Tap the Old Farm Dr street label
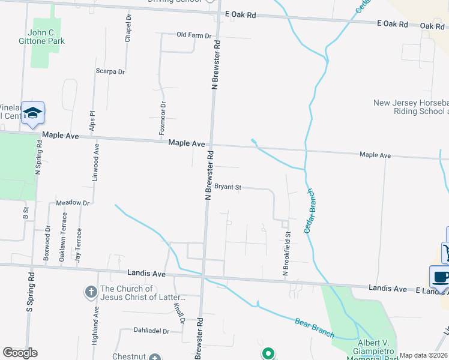pos(194,35)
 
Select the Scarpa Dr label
pos(110,71)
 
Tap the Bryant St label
pos(228,187)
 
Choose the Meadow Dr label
pos(73,203)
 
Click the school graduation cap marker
pos(33,113)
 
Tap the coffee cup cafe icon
pos(441,277)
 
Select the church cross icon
pos(90,292)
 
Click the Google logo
pos(20,353)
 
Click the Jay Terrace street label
pos(77,247)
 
